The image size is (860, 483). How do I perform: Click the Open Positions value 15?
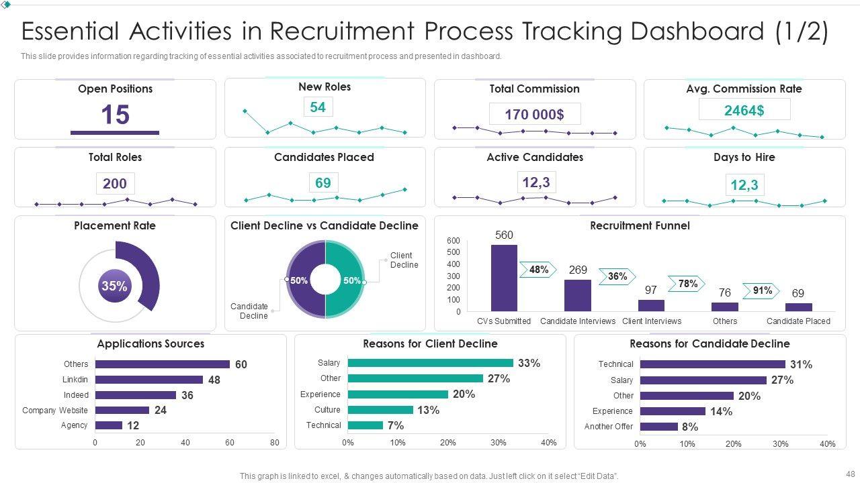(115, 115)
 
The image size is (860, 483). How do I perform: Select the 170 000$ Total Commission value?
(534, 114)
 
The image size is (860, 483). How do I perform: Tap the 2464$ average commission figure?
(744, 110)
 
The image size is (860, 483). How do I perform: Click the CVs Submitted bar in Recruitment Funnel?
(504, 278)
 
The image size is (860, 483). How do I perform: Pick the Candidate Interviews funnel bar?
(578, 295)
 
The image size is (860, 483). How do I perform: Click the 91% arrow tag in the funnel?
(761, 291)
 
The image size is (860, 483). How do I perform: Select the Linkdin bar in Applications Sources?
(148, 380)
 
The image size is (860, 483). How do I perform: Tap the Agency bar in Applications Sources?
(108, 425)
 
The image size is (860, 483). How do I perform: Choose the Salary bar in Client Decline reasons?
(430, 363)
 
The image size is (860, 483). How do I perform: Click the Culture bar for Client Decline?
(380, 410)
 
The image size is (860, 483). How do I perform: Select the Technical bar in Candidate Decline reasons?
(712, 364)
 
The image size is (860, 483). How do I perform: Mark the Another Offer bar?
(658, 427)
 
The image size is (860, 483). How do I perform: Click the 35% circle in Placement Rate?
(114, 286)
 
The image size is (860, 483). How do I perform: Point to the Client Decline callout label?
(404, 260)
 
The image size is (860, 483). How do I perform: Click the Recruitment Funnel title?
(640, 225)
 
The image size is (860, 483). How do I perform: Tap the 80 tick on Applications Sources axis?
(274, 443)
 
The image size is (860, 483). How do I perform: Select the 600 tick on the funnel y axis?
(454, 241)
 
